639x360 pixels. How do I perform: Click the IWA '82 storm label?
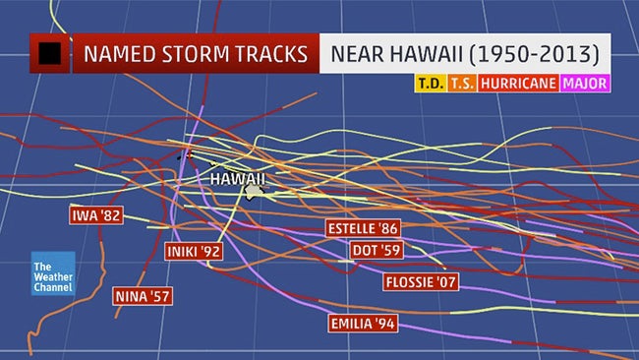(x=96, y=214)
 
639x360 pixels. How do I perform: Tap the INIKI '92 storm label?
(x=194, y=251)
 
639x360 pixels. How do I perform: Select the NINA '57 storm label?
(x=144, y=293)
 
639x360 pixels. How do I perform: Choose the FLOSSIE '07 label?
(x=421, y=283)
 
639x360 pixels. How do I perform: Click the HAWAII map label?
(x=238, y=180)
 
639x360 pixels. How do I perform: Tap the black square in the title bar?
(x=49, y=54)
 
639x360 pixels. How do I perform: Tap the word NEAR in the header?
(x=367, y=54)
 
